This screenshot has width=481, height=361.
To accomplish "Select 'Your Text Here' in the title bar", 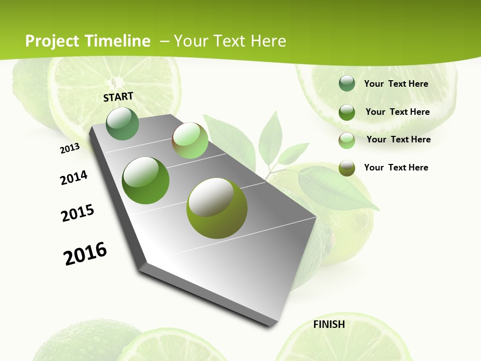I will [229, 41].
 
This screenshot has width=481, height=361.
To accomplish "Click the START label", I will [118, 97].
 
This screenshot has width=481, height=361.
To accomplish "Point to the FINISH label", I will [329, 324].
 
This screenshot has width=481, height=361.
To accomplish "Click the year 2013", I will [70, 148].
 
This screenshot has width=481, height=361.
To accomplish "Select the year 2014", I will [74, 177].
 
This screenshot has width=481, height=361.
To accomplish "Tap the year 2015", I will [78, 213].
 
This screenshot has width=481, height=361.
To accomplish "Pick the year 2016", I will [85, 254].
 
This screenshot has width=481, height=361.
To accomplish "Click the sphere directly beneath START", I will [123, 123].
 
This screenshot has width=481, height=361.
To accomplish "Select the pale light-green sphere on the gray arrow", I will [190, 140].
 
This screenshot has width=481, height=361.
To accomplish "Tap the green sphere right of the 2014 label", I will [146, 180].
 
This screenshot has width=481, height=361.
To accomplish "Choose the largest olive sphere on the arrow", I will [217, 208].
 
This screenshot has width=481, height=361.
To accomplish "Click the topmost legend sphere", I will [347, 84].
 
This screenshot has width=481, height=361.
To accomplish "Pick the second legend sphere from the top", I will [347, 112].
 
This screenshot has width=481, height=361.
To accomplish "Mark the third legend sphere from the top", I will [347, 140].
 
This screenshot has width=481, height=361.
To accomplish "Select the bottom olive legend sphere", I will [347, 168].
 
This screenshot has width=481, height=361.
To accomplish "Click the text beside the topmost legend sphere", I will [396, 84].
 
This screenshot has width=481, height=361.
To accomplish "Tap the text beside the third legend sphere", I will [398, 139].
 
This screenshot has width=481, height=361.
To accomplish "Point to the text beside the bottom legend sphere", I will [396, 167].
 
